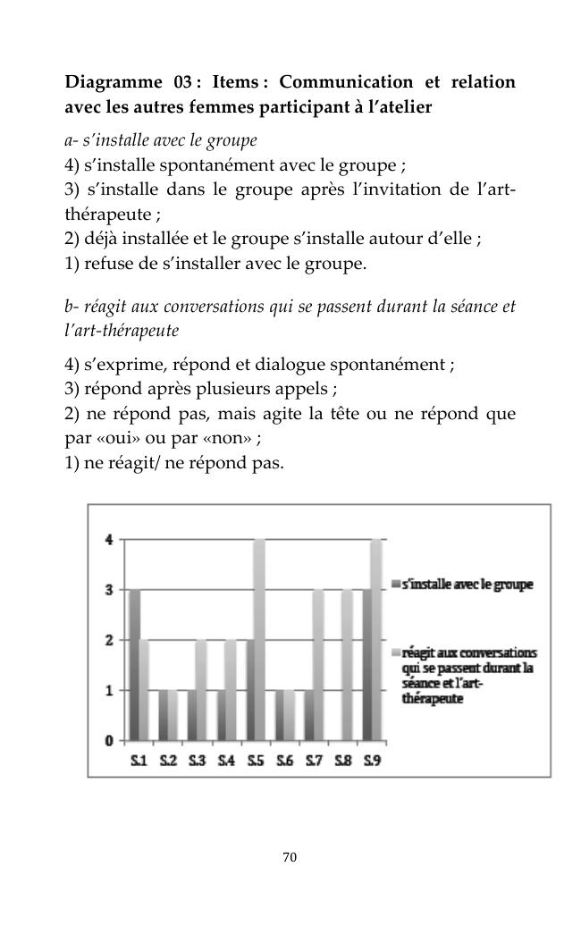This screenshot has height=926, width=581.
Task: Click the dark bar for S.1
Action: point(135,664)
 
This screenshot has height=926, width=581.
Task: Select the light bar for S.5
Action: point(259,639)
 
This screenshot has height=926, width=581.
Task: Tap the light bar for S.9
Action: point(376,639)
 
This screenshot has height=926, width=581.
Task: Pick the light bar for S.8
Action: point(347,664)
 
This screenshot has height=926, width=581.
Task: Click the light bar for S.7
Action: point(318,664)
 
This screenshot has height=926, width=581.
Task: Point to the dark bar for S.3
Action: point(192,715)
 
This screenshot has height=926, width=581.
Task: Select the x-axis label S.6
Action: point(283,761)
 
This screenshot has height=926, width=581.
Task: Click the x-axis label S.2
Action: point(168,761)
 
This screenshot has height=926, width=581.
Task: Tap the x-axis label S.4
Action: point(226,761)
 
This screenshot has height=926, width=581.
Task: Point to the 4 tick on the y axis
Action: point(109,539)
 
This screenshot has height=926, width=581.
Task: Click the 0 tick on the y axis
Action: point(109,740)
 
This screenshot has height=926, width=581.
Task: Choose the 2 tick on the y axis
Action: point(109,640)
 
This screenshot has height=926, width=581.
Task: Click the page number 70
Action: point(290,857)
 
